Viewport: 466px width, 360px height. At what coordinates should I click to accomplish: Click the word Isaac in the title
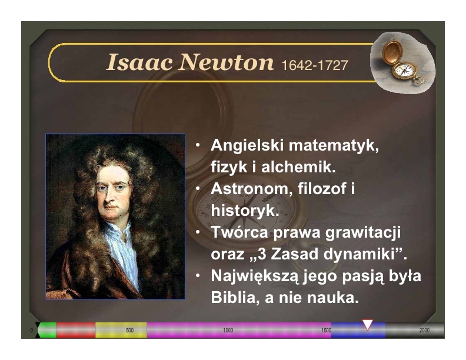[139, 62]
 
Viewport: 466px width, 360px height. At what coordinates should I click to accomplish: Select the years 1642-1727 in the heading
[314, 65]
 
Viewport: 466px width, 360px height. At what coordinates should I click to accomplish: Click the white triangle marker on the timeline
[367, 324]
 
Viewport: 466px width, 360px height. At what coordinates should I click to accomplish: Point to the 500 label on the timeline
[129, 331]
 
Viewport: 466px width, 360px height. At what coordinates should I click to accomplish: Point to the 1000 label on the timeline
[228, 331]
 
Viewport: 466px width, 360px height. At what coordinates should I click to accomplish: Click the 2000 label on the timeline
[424, 331]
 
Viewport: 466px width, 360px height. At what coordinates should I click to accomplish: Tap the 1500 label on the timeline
[326, 331]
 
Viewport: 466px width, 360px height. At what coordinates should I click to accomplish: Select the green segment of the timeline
[47, 331]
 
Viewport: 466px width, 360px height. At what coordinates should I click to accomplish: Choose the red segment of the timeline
[76, 331]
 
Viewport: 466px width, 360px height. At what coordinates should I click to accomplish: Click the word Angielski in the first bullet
[247, 145]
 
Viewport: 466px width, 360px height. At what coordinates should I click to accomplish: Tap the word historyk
[245, 211]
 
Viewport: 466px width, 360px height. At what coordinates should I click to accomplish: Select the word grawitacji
[363, 232]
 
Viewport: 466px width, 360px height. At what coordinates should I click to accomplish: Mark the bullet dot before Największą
[198, 276]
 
